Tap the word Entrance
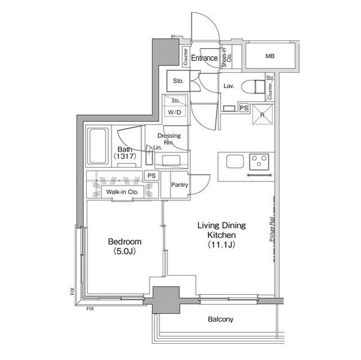click(x=204, y=58)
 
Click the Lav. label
click(x=228, y=86)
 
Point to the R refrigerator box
click(x=261, y=113)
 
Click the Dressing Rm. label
click(x=169, y=139)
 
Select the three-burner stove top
click(x=259, y=162)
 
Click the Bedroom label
click(x=125, y=242)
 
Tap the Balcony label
click(x=220, y=319)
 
